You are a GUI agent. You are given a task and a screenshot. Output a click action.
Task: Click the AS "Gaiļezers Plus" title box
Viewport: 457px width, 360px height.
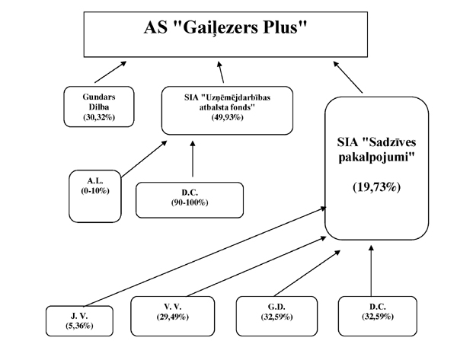click(x=228, y=33)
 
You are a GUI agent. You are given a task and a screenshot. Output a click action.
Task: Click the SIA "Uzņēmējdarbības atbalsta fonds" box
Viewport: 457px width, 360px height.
click(x=227, y=110)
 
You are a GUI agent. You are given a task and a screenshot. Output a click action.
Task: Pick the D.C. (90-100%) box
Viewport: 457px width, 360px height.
click(x=190, y=199)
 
